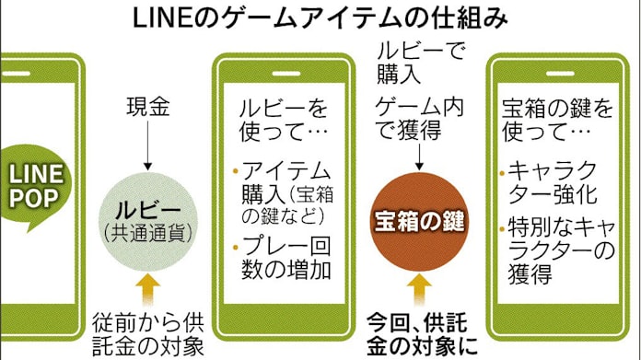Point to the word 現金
point(146,108)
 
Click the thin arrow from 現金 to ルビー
point(146,147)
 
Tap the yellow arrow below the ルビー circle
point(146,285)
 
